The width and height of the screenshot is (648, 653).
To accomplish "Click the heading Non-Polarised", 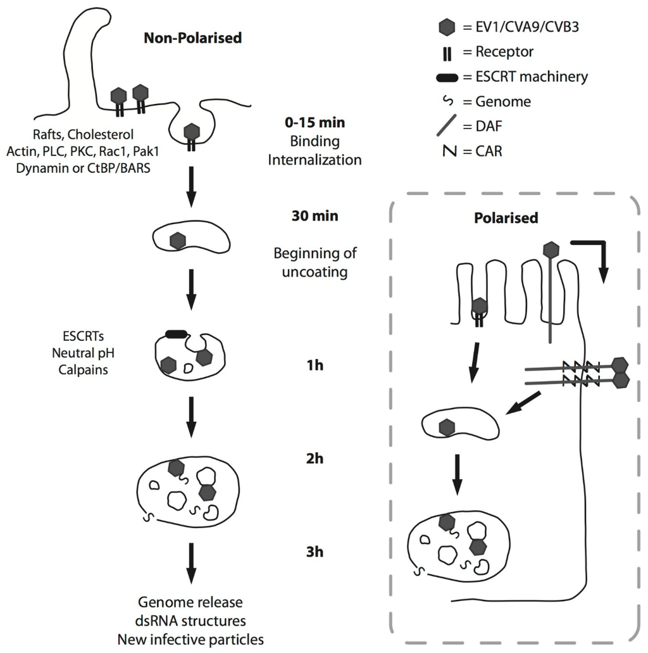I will [192, 38].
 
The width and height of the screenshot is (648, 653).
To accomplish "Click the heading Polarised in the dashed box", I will [506, 218].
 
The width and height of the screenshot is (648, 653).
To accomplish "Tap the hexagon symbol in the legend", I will [447, 27].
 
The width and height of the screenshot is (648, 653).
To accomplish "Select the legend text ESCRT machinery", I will [532, 77].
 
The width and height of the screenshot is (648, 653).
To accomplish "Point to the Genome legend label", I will [503, 101].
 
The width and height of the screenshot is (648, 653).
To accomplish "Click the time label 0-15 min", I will [315, 122].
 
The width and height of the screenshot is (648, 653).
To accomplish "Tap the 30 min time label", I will [315, 216].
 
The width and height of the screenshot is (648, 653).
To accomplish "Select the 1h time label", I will [315, 365].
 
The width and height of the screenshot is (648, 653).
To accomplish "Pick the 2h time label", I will [315, 459].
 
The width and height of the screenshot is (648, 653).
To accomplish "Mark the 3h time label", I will [315, 552].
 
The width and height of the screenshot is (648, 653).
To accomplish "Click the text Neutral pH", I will [78, 353].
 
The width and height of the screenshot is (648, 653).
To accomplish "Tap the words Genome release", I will [190, 601].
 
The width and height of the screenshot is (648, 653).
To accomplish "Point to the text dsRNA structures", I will [190, 620].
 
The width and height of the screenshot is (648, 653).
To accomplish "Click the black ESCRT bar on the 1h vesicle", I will [176, 334].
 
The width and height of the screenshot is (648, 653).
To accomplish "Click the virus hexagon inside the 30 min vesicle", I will [178, 241].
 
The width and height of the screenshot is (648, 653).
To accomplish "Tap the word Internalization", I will [315, 160].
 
